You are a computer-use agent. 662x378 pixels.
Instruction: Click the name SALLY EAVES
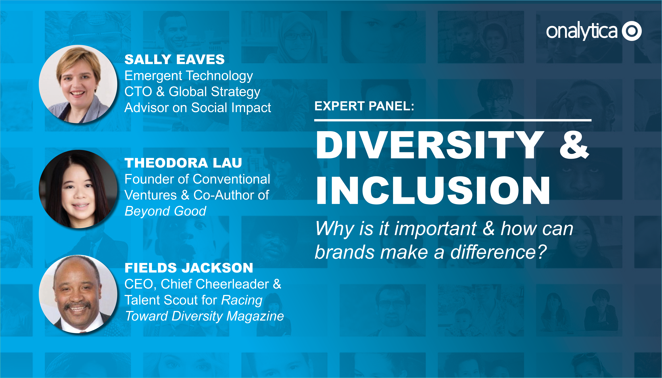coord(175,59)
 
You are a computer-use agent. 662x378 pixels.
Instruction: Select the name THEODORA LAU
coord(183,163)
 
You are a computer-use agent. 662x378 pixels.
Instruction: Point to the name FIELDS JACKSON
coord(189,268)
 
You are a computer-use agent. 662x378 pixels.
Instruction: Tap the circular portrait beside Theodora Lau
coord(78,189)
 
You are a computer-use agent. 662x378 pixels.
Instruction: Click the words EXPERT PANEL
coord(364,106)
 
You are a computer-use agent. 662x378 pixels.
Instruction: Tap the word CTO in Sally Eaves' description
coord(138,92)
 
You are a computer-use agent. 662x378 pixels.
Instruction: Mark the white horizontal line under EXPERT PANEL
coord(453,120)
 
